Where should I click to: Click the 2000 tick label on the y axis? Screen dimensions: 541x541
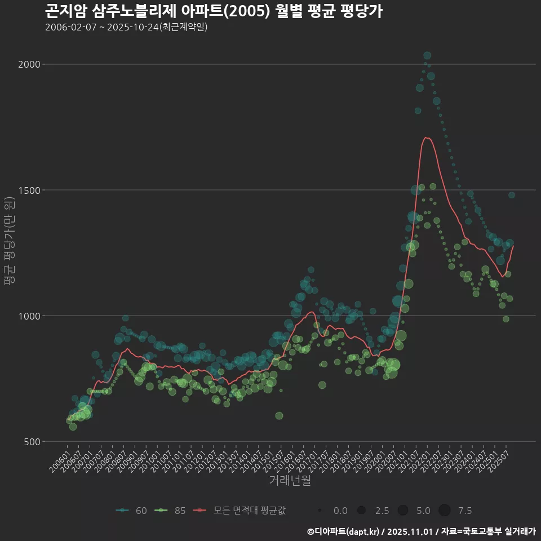[31, 64]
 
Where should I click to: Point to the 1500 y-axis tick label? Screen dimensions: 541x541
[31, 190]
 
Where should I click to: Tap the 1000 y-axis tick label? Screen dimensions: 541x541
[31, 316]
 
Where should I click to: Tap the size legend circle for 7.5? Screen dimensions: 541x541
[445, 511]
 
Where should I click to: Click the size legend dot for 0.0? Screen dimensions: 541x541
[320, 511]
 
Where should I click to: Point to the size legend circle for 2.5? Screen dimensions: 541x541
[361, 511]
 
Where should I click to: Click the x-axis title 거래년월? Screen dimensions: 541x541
[290, 480]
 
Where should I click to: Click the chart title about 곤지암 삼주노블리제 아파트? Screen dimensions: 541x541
[214, 11]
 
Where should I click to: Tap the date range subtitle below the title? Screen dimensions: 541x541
[126, 27]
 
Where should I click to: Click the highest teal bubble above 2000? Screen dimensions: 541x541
[427, 55]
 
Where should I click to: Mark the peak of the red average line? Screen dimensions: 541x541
[426, 138]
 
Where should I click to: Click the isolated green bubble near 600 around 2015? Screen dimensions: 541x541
[279, 416]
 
